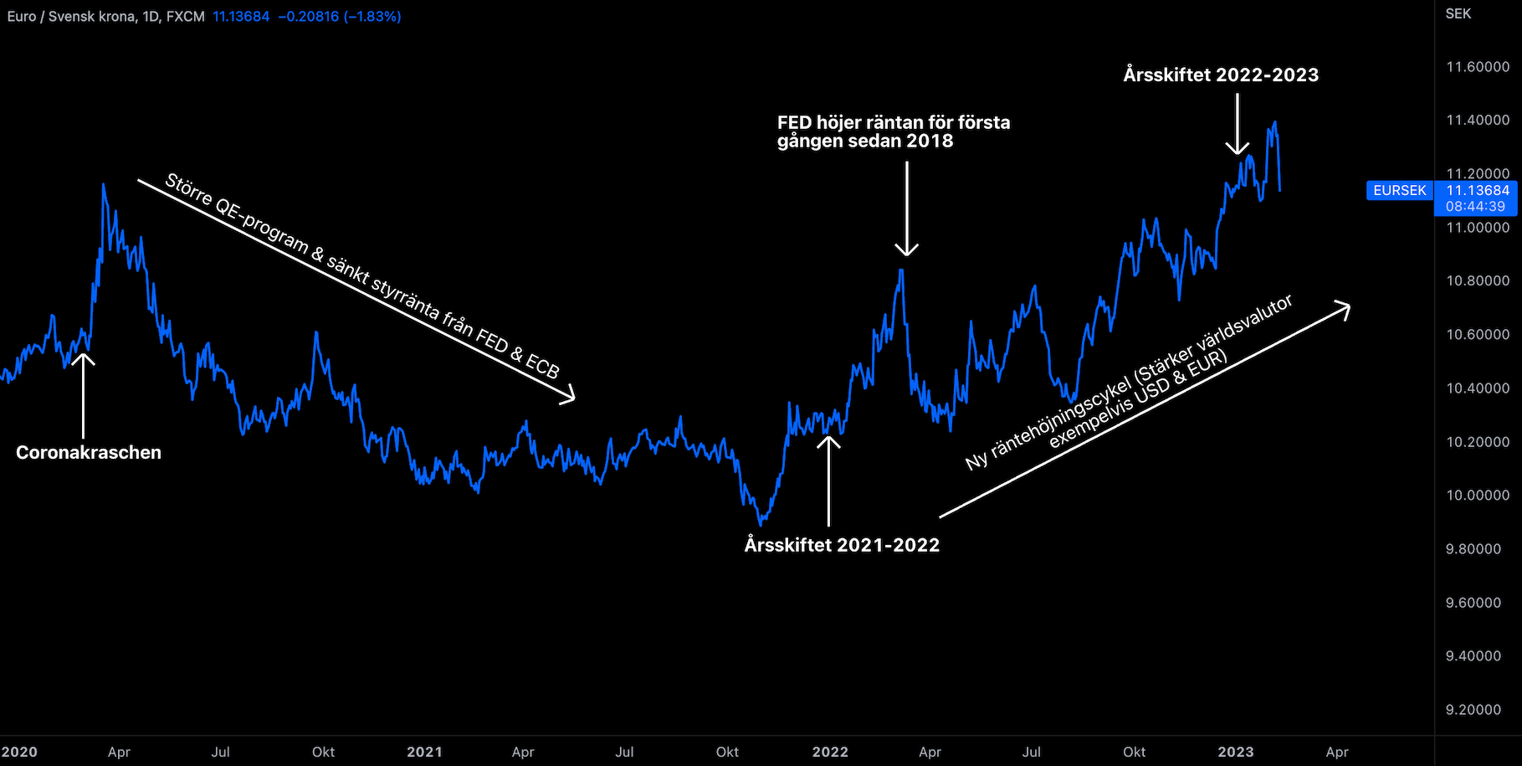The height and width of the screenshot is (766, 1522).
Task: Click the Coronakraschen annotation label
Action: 89,453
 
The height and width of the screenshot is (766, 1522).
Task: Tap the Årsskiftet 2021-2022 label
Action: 842,545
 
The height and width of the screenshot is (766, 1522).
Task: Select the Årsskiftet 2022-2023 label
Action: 1221,75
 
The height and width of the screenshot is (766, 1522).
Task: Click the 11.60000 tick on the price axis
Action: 1478,67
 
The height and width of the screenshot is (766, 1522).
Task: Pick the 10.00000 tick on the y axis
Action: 1478,496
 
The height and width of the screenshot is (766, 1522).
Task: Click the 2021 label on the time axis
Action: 424,752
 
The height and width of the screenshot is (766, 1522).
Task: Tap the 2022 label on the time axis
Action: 830,752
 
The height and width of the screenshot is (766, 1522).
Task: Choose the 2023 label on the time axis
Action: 1236,752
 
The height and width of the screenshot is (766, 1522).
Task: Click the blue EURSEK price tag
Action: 1400,191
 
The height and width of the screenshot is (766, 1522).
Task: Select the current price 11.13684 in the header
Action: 241,17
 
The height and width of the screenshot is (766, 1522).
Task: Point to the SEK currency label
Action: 1458,14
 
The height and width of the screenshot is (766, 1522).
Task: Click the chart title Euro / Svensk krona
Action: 72,17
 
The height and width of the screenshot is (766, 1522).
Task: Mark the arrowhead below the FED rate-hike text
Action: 906,249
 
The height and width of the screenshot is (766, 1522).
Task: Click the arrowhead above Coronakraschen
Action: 83,357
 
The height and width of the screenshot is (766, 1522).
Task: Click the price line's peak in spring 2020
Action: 103,185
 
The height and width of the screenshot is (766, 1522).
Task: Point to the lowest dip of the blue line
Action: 760,525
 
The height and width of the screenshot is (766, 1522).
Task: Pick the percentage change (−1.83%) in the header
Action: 372,17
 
